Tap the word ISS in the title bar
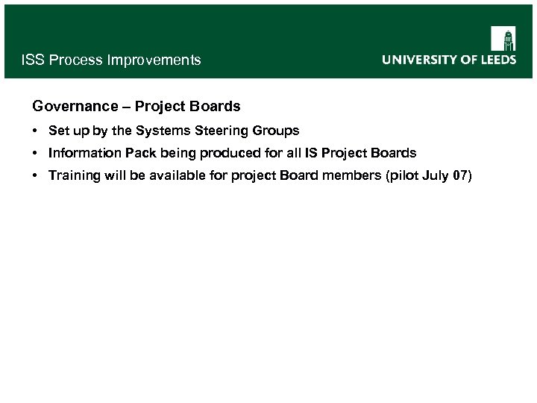point(33,60)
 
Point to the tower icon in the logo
point(503,38)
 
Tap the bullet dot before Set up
point(36,131)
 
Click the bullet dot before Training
point(36,175)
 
